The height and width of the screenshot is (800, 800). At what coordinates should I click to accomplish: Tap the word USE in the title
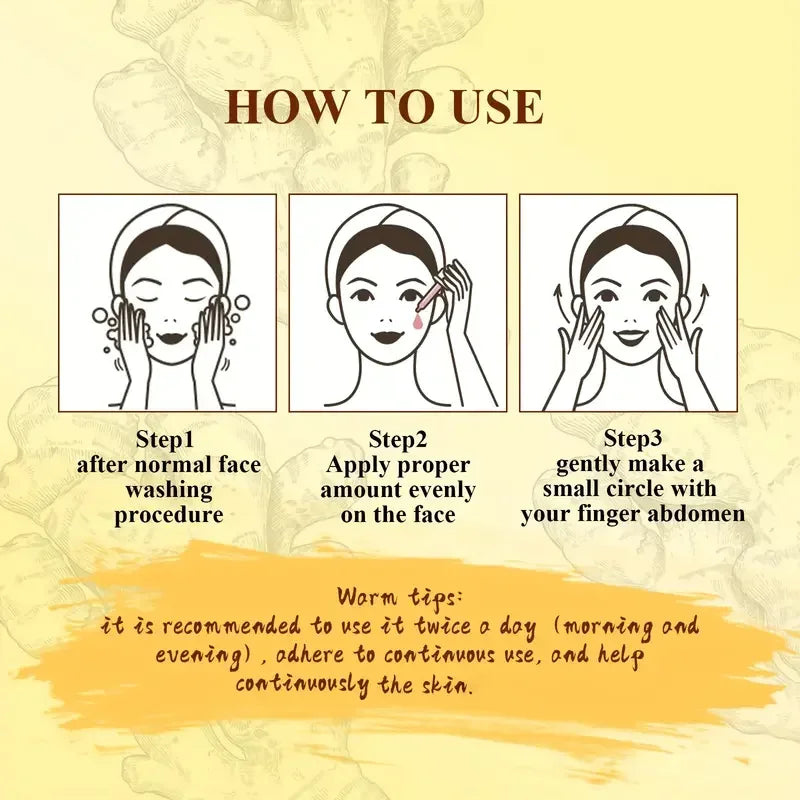point(489,107)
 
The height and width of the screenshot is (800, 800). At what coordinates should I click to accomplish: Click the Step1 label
point(167,439)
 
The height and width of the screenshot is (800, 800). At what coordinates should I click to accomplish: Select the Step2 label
point(398,439)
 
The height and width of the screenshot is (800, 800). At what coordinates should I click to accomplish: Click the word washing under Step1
point(168,490)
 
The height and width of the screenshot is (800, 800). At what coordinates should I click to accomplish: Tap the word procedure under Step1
point(168,515)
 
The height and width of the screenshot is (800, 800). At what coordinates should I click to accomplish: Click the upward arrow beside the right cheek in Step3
point(703,295)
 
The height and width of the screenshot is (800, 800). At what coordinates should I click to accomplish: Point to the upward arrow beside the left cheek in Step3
point(558,295)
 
